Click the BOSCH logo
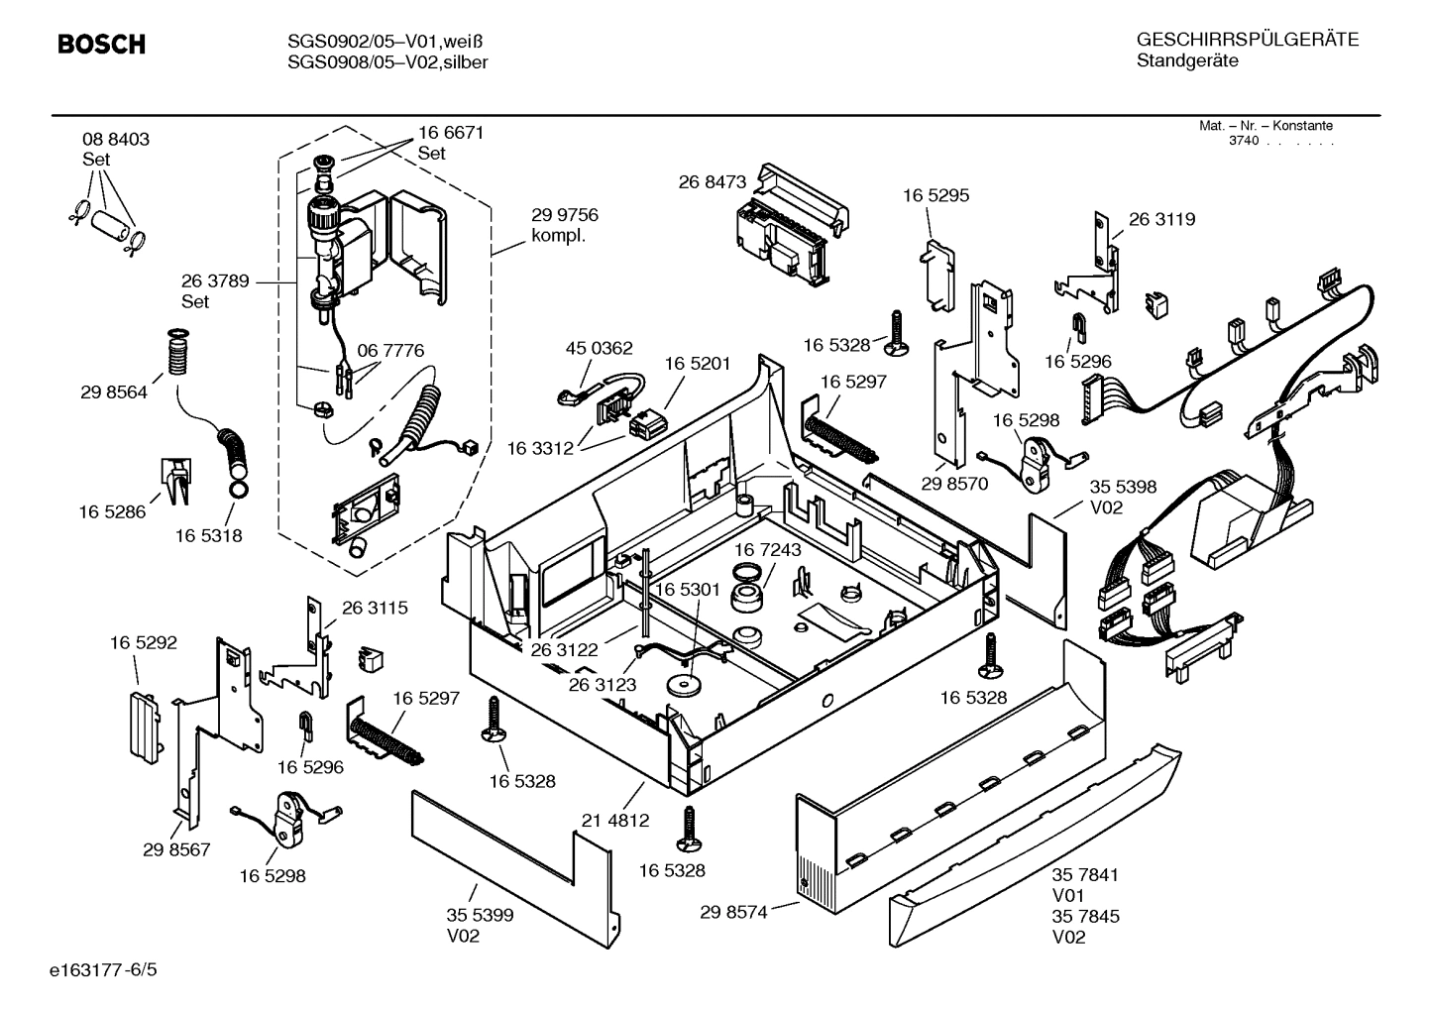(x=101, y=45)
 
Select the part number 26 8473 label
(x=712, y=182)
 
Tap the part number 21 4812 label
(x=614, y=820)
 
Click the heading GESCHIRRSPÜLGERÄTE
(x=1247, y=41)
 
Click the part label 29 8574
(x=733, y=912)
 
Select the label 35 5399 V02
(x=480, y=926)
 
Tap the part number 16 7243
(x=768, y=549)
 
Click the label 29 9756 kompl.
(x=564, y=225)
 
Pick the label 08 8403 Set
(x=116, y=149)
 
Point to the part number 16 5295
(x=935, y=195)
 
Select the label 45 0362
(x=599, y=349)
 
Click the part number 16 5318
(x=209, y=535)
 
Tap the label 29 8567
(x=176, y=849)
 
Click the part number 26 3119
(x=1161, y=219)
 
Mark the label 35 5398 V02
(x=1123, y=497)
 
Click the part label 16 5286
(x=112, y=511)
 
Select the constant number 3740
(x=1243, y=141)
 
